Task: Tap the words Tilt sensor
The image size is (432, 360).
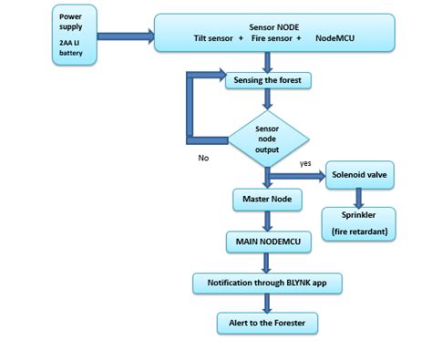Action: coord(216,40)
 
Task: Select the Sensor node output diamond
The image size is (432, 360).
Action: coord(267,138)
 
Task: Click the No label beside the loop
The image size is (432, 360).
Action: coord(205,157)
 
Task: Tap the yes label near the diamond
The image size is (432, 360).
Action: coord(306,162)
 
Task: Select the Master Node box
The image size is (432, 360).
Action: coord(266,198)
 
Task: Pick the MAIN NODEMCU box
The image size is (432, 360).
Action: coord(266,242)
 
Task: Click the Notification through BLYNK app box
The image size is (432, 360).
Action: coord(267,283)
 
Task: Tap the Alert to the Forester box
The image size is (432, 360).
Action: coord(267,323)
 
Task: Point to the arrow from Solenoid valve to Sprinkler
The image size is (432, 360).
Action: coord(359,196)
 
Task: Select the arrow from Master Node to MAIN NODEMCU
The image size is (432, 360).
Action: coord(266,220)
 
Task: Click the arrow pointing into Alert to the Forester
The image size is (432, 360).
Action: coord(266,303)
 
